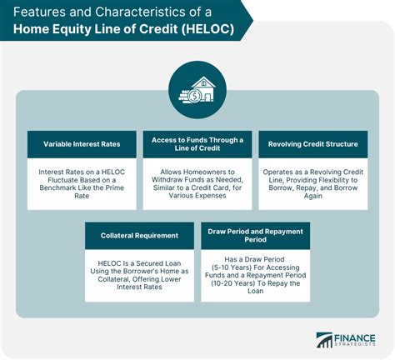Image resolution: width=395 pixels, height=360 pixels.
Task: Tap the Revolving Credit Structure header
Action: pos(313,144)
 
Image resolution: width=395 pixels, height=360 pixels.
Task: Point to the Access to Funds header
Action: pos(197,144)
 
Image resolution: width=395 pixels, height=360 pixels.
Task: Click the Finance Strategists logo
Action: pos(347,340)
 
